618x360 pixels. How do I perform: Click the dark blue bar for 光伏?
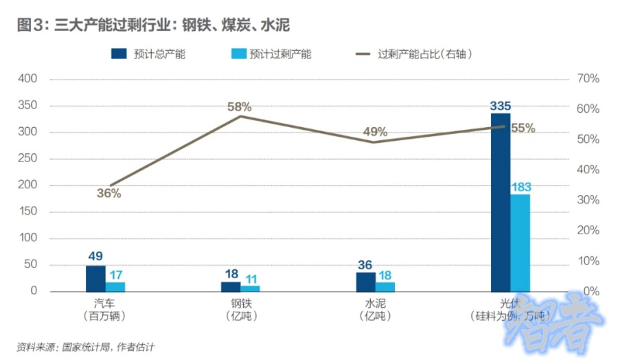tap(500, 203)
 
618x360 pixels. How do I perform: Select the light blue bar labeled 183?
tap(520, 243)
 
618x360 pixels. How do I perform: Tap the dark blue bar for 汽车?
tap(95, 278)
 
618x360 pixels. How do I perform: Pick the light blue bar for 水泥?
tap(385, 286)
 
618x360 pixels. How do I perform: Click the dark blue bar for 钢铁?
tap(231, 286)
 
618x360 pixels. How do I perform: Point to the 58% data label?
tap(240, 106)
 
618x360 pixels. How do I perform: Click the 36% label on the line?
tap(108, 194)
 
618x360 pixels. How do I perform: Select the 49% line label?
tap(375, 132)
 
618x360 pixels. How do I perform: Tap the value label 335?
tap(500, 106)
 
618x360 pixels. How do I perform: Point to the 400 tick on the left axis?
tap(27, 79)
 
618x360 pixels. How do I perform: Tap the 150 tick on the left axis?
tap(27, 212)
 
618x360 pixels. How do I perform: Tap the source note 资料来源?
tap(85, 347)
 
